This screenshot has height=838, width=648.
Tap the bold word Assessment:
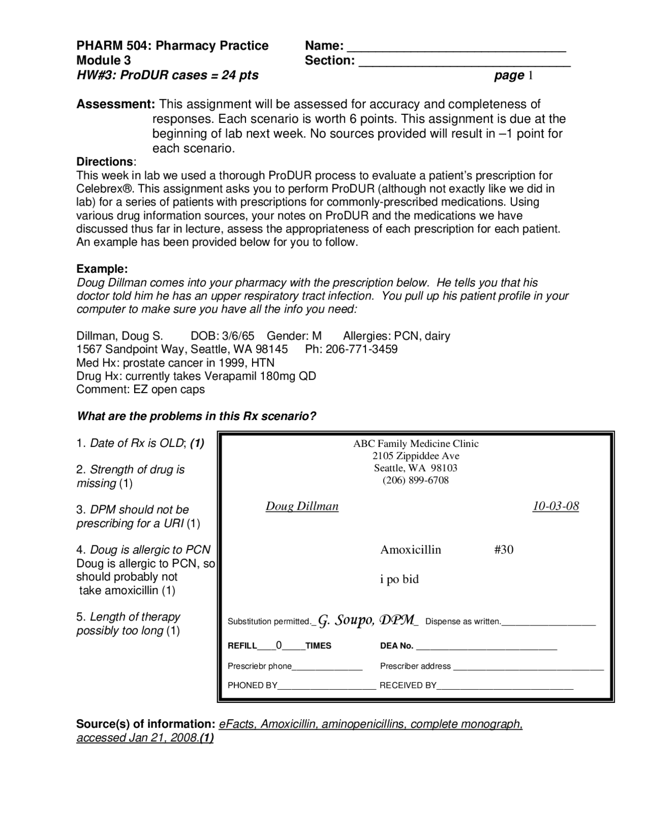click(x=116, y=104)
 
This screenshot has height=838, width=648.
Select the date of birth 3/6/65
click(x=238, y=336)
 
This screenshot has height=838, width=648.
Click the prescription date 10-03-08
click(x=555, y=506)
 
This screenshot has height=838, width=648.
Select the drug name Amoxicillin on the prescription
click(x=411, y=550)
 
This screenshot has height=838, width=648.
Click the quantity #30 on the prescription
click(x=503, y=550)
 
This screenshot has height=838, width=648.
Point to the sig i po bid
click(x=399, y=579)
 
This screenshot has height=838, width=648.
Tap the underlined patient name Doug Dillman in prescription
click(x=302, y=506)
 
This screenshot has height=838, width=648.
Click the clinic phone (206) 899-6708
click(x=415, y=480)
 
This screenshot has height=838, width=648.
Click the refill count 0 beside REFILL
click(x=279, y=645)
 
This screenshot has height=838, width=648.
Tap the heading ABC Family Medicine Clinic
click(x=416, y=444)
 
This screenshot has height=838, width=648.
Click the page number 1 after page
click(x=531, y=76)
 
